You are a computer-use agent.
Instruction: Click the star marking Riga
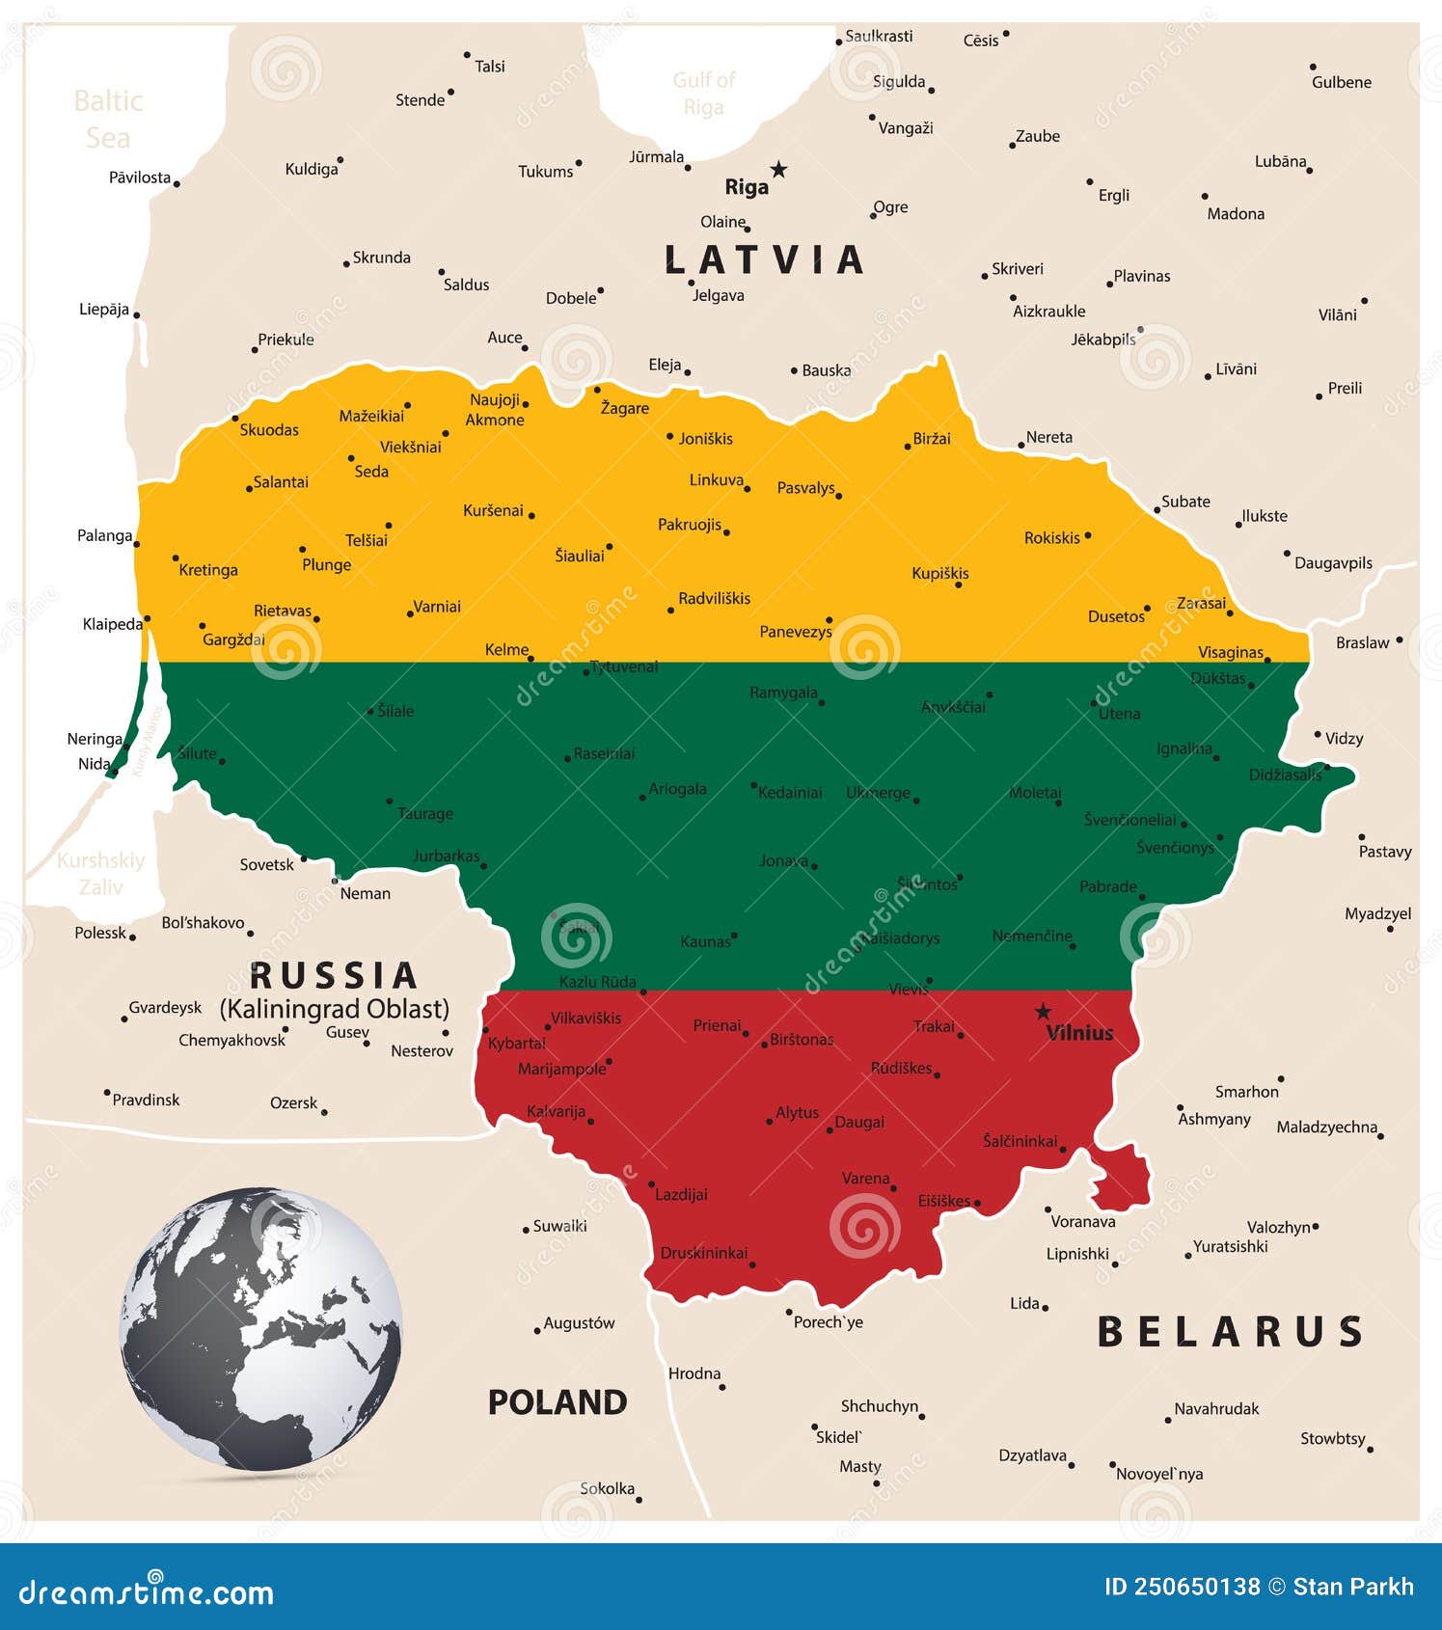pyautogui.click(x=778, y=170)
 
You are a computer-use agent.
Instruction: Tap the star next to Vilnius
pyautogui.click(x=1043, y=1012)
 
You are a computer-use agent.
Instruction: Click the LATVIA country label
pyautogui.click(x=765, y=260)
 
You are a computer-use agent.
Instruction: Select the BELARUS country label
pyautogui.click(x=1230, y=1332)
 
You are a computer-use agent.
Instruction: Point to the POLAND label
pyautogui.click(x=557, y=1402)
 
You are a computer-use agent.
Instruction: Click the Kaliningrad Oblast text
pyautogui.click(x=335, y=1009)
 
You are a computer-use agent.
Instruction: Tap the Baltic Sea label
pyautogui.click(x=108, y=120)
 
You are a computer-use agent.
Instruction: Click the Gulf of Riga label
pyautogui.click(x=703, y=94)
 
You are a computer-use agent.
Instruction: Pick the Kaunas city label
pyautogui.click(x=705, y=941)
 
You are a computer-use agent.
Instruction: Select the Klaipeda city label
pyautogui.click(x=112, y=624)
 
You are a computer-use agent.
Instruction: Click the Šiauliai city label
pyautogui.click(x=580, y=556)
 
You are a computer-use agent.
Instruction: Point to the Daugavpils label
pyautogui.click(x=1333, y=563)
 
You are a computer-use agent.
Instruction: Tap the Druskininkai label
pyautogui.click(x=703, y=1253)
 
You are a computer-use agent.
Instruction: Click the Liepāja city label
pyautogui.click(x=104, y=310)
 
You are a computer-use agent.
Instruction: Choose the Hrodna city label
pyautogui.click(x=694, y=1373)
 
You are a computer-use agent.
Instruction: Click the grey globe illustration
pyautogui.click(x=260, y=1329)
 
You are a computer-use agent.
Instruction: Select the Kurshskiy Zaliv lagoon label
pyautogui.click(x=100, y=873)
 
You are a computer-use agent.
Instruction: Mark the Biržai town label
pyautogui.click(x=932, y=439)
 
